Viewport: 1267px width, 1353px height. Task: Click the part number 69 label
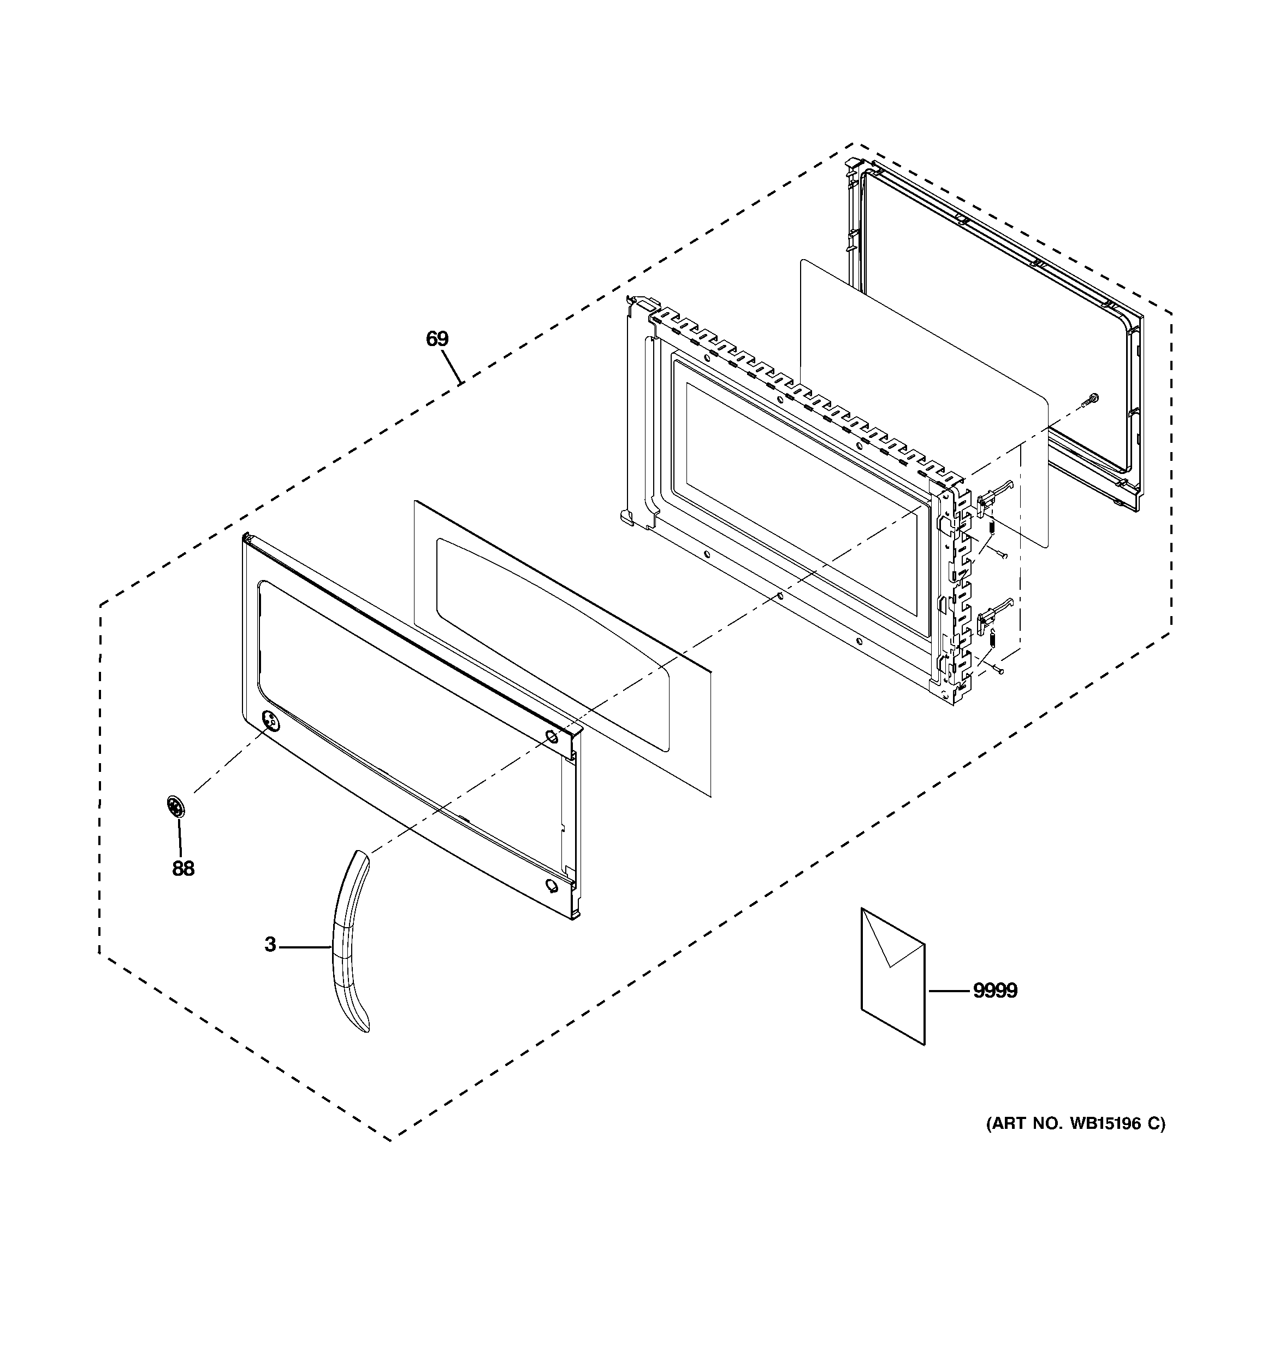click(437, 338)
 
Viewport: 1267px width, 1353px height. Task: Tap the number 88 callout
click(183, 869)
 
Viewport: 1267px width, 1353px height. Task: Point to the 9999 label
click(995, 991)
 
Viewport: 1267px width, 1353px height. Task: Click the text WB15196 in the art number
click(1103, 1123)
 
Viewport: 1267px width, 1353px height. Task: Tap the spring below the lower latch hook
click(991, 640)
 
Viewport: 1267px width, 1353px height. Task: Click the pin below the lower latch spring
click(998, 671)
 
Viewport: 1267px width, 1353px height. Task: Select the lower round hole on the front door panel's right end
click(549, 886)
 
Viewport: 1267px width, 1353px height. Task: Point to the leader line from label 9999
click(949, 991)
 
